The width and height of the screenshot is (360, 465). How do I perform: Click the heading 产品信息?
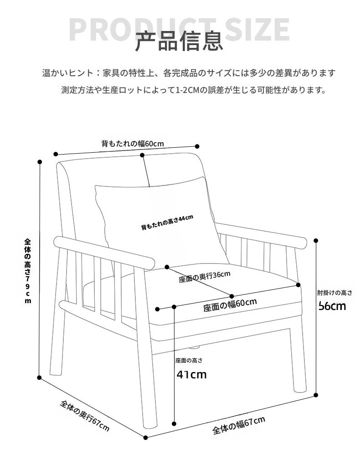[179, 41]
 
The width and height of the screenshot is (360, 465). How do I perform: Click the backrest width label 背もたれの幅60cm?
[133, 144]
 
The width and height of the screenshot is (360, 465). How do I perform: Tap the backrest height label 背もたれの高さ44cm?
[167, 222]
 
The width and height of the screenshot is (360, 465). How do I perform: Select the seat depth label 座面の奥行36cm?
[205, 277]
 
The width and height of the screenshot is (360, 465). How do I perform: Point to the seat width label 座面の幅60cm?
[230, 305]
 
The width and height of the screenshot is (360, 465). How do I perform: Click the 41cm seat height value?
[191, 375]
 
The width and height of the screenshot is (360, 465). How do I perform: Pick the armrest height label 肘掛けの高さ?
[335, 293]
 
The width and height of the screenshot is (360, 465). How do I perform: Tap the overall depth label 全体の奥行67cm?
[85, 415]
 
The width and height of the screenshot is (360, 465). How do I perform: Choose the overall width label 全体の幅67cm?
[239, 425]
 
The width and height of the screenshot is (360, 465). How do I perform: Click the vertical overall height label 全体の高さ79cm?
[28, 271]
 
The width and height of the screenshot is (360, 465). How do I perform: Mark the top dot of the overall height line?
[40, 162]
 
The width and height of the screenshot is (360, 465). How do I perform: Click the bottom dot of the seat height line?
[174, 424]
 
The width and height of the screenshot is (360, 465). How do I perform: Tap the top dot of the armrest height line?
[316, 241]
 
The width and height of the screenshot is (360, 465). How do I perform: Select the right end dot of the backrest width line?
[197, 146]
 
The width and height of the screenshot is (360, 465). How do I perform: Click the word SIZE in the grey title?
[257, 30]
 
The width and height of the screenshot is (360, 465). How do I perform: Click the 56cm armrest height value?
[332, 306]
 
